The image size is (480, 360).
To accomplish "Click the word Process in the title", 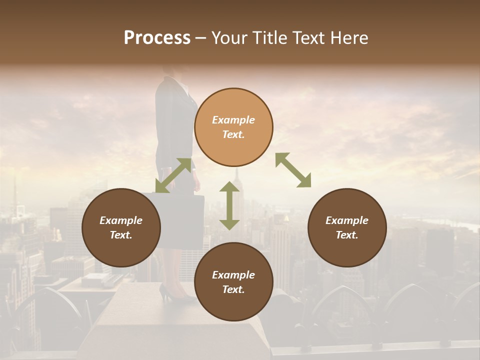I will click(x=157, y=38).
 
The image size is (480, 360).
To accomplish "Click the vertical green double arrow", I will click(x=229, y=205).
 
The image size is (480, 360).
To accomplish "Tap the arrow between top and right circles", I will click(x=293, y=170).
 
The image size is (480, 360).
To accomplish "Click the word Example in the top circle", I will click(x=233, y=120).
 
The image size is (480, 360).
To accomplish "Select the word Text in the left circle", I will click(x=121, y=235).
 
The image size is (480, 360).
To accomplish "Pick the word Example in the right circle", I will click(x=347, y=220).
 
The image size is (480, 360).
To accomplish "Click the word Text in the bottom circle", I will click(x=233, y=289).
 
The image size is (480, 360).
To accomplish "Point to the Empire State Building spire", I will click(x=236, y=175).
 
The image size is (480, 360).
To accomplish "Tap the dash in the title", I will click(x=200, y=38).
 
